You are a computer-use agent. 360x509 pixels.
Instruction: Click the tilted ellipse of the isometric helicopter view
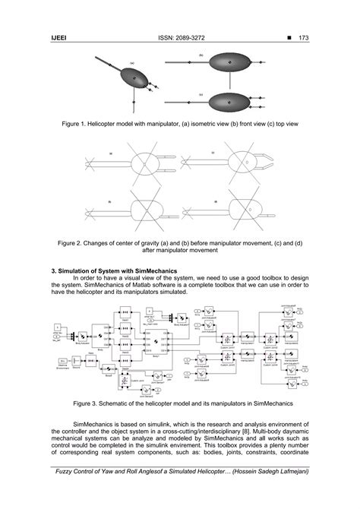pyautogui.click(x=135, y=77)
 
